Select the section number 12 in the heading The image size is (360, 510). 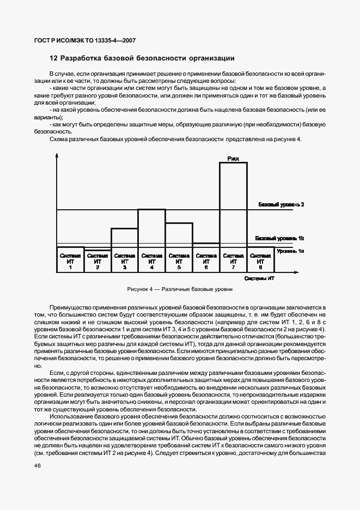53,58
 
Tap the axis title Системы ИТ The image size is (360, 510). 259,278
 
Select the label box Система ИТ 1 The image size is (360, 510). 70,261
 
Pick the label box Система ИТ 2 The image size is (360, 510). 97,261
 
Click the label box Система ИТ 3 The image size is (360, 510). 125,261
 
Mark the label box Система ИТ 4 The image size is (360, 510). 152,261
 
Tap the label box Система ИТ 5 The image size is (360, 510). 179,261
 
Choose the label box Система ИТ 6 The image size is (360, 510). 206,261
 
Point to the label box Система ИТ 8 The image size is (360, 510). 261,261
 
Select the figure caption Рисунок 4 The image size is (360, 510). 180,289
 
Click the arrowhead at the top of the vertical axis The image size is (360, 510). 57,156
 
